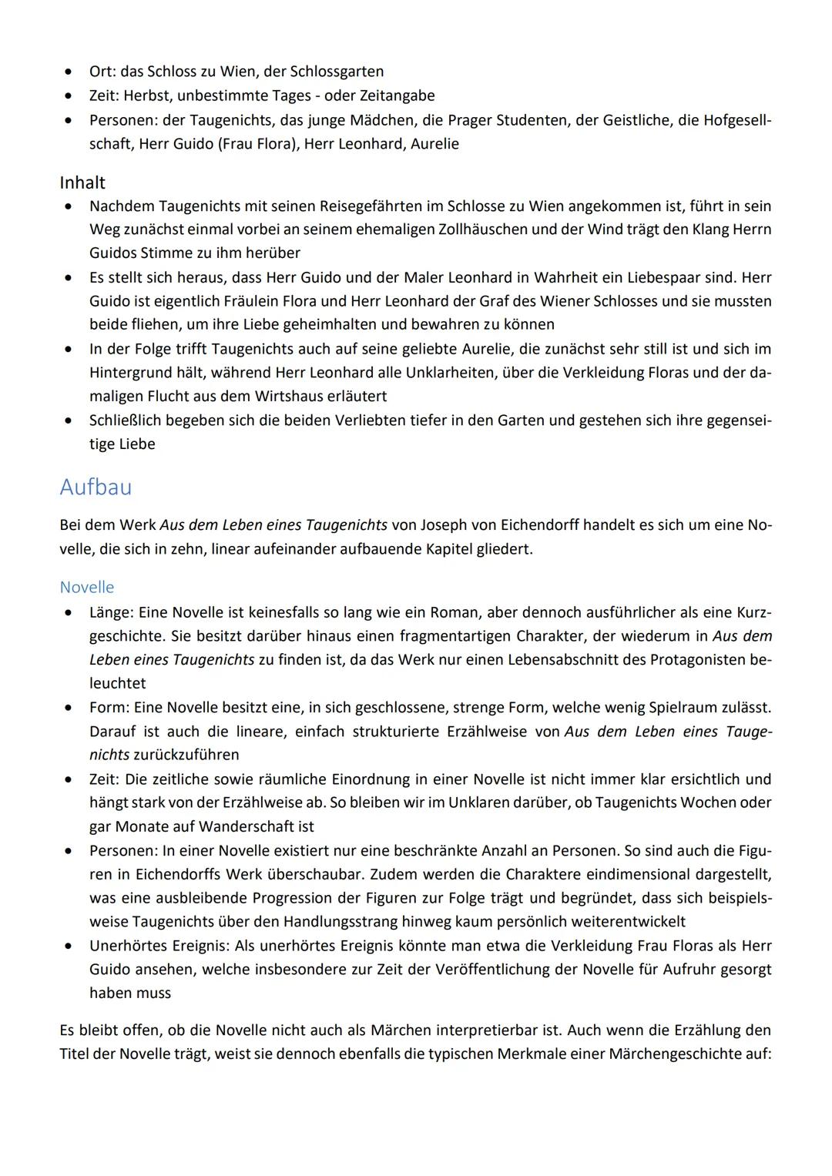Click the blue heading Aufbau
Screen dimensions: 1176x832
coord(96,487)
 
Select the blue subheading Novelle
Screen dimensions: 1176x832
coord(86,587)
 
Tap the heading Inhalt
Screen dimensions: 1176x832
coord(82,183)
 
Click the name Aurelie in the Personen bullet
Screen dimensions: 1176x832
coord(434,144)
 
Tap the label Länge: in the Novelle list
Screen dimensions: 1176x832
coord(112,612)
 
